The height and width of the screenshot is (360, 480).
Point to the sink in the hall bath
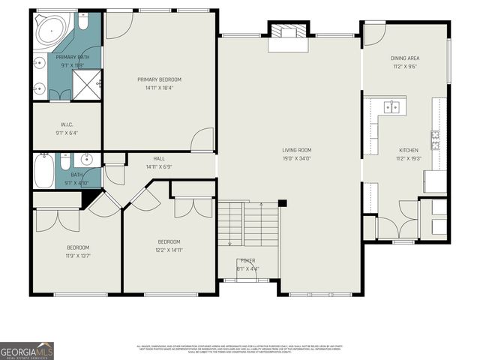pyautogui.click(x=88, y=159)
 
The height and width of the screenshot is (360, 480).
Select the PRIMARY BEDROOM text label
pyautogui.click(x=159, y=79)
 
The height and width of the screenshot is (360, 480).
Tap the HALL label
pyautogui.click(x=159, y=158)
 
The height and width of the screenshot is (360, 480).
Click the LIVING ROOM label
pyautogui.click(x=296, y=150)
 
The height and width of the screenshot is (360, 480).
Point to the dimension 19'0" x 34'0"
pyautogui.click(x=296, y=158)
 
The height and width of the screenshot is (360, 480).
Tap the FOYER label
pyautogui.click(x=247, y=260)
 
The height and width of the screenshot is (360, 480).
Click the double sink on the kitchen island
pyautogui.click(x=390, y=106)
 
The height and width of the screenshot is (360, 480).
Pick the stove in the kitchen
pyautogui.click(x=435, y=139)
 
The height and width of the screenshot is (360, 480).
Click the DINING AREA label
pyautogui.click(x=404, y=58)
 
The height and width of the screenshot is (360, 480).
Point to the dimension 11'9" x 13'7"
pyautogui.click(x=78, y=256)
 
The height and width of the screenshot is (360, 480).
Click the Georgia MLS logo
pyautogui.click(x=27, y=349)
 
